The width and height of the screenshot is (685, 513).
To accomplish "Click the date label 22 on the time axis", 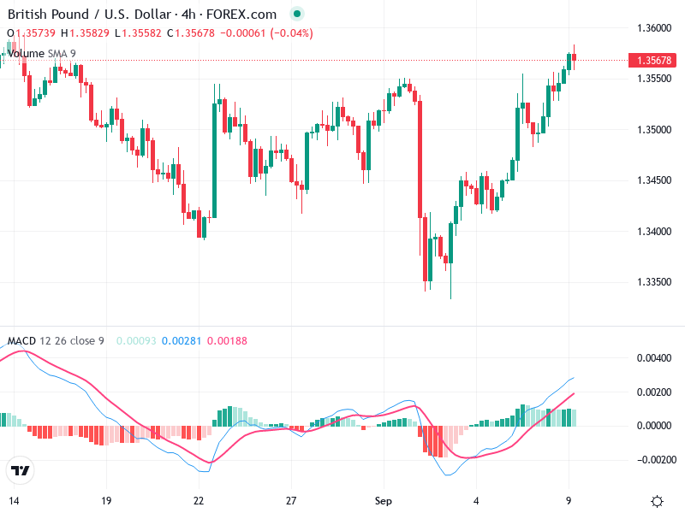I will [199, 500].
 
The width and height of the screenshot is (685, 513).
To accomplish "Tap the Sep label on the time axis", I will [384, 500].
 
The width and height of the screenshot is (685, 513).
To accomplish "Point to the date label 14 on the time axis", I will [14, 500].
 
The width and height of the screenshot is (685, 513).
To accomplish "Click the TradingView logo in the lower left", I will [21, 470].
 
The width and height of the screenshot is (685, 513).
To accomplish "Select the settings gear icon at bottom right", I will [657, 501].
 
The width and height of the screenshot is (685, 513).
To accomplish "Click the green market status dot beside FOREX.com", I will [296, 15].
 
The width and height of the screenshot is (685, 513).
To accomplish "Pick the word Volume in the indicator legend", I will [26, 54].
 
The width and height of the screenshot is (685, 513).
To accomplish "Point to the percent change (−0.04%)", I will [291, 33].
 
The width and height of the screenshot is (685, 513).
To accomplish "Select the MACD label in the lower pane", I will [21, 341].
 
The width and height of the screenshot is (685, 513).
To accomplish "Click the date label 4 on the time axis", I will [476, 500].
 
